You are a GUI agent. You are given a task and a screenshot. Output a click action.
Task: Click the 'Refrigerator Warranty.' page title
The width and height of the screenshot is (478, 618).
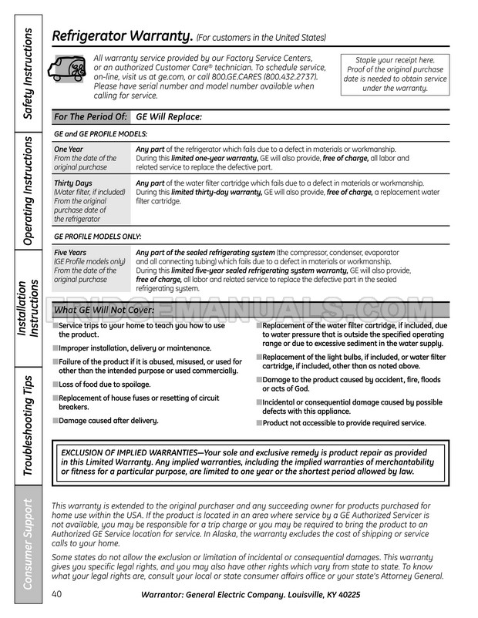[x=122, y=36]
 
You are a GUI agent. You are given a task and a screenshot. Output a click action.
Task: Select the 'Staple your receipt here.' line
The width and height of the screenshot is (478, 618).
[x=394, y=60]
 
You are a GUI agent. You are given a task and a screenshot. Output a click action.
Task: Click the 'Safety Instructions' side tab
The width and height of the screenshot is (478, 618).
[x=28, y=72]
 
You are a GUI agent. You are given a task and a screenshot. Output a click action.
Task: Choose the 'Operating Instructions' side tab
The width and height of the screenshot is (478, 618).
[x=28, y=190]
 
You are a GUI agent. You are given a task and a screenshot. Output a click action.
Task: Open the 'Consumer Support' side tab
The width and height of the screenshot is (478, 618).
[x=28, y=544]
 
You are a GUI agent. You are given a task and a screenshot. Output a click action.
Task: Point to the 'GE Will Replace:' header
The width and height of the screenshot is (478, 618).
[x=169, y=117]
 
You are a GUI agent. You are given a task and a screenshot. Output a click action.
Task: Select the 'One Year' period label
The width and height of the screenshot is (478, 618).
[x=69, y=149]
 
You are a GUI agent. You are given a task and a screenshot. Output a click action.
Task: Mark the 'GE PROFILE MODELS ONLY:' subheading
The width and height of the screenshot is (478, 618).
[x=98, y=237]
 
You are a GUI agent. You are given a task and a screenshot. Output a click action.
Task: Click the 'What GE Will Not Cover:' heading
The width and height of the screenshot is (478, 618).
[x=104, y=310]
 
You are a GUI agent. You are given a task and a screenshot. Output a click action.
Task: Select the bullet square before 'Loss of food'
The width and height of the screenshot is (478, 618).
[x=56, y=384]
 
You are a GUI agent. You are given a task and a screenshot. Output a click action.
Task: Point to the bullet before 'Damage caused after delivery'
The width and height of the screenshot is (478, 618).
[x=56, y=420]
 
